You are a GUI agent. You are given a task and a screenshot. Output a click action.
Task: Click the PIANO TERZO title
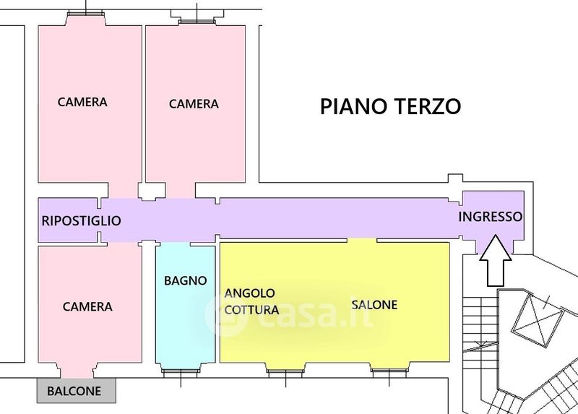(x=390, y=106)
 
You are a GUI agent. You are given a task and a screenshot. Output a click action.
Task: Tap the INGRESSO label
(x=491, y=217)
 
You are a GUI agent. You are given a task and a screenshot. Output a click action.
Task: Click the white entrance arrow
(x=496, y=261)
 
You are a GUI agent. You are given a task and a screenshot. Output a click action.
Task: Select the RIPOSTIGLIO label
(x=81, y=220)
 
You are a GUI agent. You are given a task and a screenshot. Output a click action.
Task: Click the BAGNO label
(x=186, y=280)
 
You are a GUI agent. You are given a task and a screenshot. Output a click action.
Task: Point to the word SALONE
(x=374, y=304)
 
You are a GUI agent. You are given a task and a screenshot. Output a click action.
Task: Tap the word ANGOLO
(x=250, y=293)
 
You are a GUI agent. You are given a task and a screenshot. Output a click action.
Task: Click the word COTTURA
(x=251, y=310)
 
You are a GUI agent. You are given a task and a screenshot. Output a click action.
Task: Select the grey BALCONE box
(x=77, y=390)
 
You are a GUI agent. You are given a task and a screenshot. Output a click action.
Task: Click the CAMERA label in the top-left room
(x=82, y=102)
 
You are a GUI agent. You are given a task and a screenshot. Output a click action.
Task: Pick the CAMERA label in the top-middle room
(x=194, y=103)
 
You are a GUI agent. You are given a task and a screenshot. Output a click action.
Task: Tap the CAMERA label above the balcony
(x=87, y=306)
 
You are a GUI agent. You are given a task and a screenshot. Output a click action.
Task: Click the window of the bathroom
(x=181, y=372)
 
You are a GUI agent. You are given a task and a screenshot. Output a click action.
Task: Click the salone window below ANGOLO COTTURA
(x=285, y=373)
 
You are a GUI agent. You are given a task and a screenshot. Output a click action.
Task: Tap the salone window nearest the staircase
(x=389, y=373)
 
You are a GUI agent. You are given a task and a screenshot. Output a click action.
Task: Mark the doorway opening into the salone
(x=362, y=240)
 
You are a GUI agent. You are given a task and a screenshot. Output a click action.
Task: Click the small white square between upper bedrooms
(x=152, y=191)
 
